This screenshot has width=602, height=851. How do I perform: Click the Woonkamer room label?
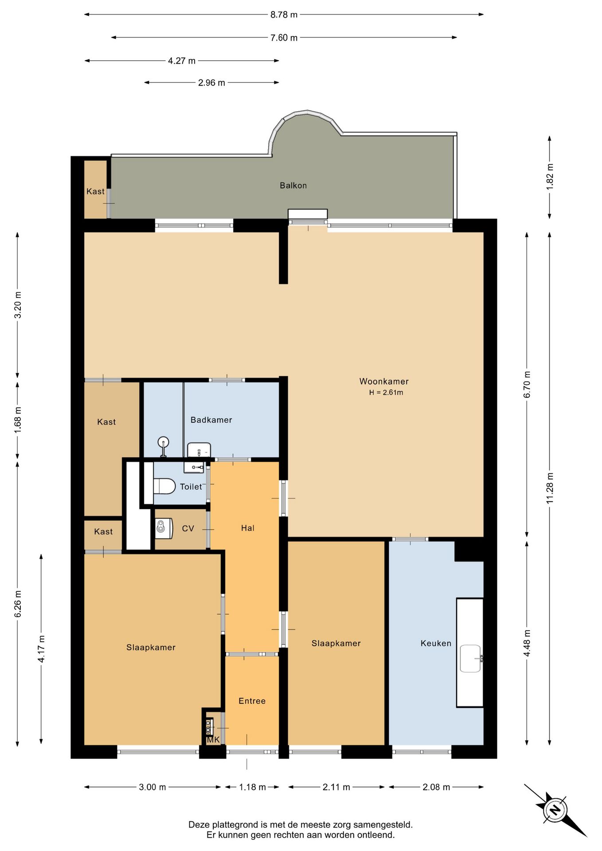pyautogui.click(x=384, y=381)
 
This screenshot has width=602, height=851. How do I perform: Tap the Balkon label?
pyautogui.click(x=293, y=185)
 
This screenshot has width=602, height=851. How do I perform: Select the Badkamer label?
pyautogui.click(x=211, y=420)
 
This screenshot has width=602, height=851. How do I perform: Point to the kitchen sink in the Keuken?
pyautogui.click(x=471, y=658)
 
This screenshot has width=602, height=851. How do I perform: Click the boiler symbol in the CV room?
pyautogui.click(x=163, y=528)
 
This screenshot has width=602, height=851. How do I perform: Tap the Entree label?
pyautogui.click(x=252, y=701)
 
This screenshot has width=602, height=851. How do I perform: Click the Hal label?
pyautogui.click(x=248, y=528)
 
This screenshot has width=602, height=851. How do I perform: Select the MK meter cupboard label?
pyautogui.click(x=213, y=740)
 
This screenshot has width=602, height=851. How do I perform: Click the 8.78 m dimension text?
pyautogui.click(x=284, y=15)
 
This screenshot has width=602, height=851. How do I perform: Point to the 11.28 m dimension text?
pyautogui.click(x=550, y=488)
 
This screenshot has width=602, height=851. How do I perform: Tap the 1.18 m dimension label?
pyautogui.click(x=252, y=787)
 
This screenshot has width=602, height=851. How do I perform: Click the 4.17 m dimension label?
pyautogui.click(x=41, y=648)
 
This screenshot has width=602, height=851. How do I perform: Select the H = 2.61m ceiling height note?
pyautogui.click(x=386, y=392)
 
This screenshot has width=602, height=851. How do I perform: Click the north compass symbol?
pyautogui.click(x=555, y=810)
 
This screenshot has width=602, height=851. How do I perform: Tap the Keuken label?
pyautogui.click(x=436, y=643)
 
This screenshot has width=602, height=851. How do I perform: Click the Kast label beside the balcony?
pyautogui.click(x=95, y=191)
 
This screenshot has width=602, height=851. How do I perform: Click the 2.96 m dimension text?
pyautogui.click(x=211, y=83)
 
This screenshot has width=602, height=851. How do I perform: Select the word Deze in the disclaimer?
pyautogui.click(x=199, y=825)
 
